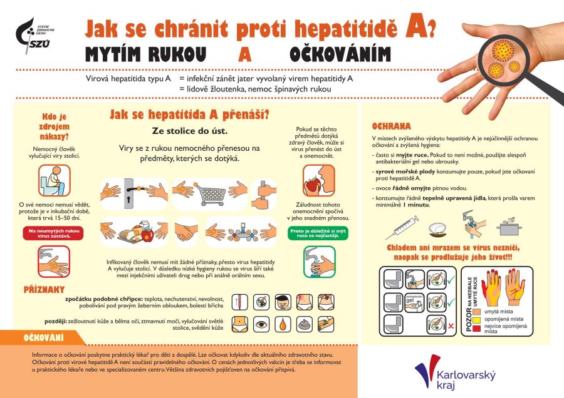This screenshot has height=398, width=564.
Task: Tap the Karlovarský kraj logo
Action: (x=455, y=374)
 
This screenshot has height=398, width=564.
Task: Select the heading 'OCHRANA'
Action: (x=391, y=126)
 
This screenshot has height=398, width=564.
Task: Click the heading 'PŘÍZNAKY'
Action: (x=44, y=290)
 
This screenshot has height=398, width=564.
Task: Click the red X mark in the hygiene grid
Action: (x=452, y=326)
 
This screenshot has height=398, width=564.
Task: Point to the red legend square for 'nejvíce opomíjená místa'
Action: (x=478, y=328)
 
